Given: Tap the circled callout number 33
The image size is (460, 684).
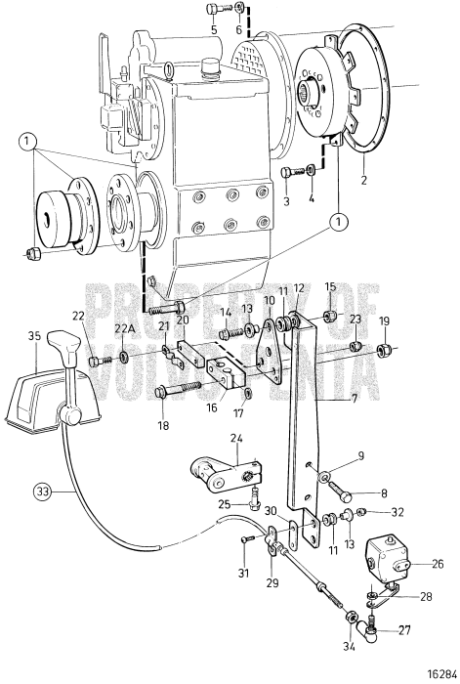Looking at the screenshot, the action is tap(42, 492).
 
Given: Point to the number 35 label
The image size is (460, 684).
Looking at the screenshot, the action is tap(35, 336).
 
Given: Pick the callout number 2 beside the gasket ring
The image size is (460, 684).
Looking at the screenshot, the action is tap(363, 179).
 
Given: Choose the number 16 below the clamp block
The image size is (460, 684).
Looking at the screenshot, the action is tap(212, 407).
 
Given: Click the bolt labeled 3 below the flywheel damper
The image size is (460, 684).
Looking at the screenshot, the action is tap(293, 171).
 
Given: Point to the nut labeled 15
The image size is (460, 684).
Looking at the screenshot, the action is tap(329, 315).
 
